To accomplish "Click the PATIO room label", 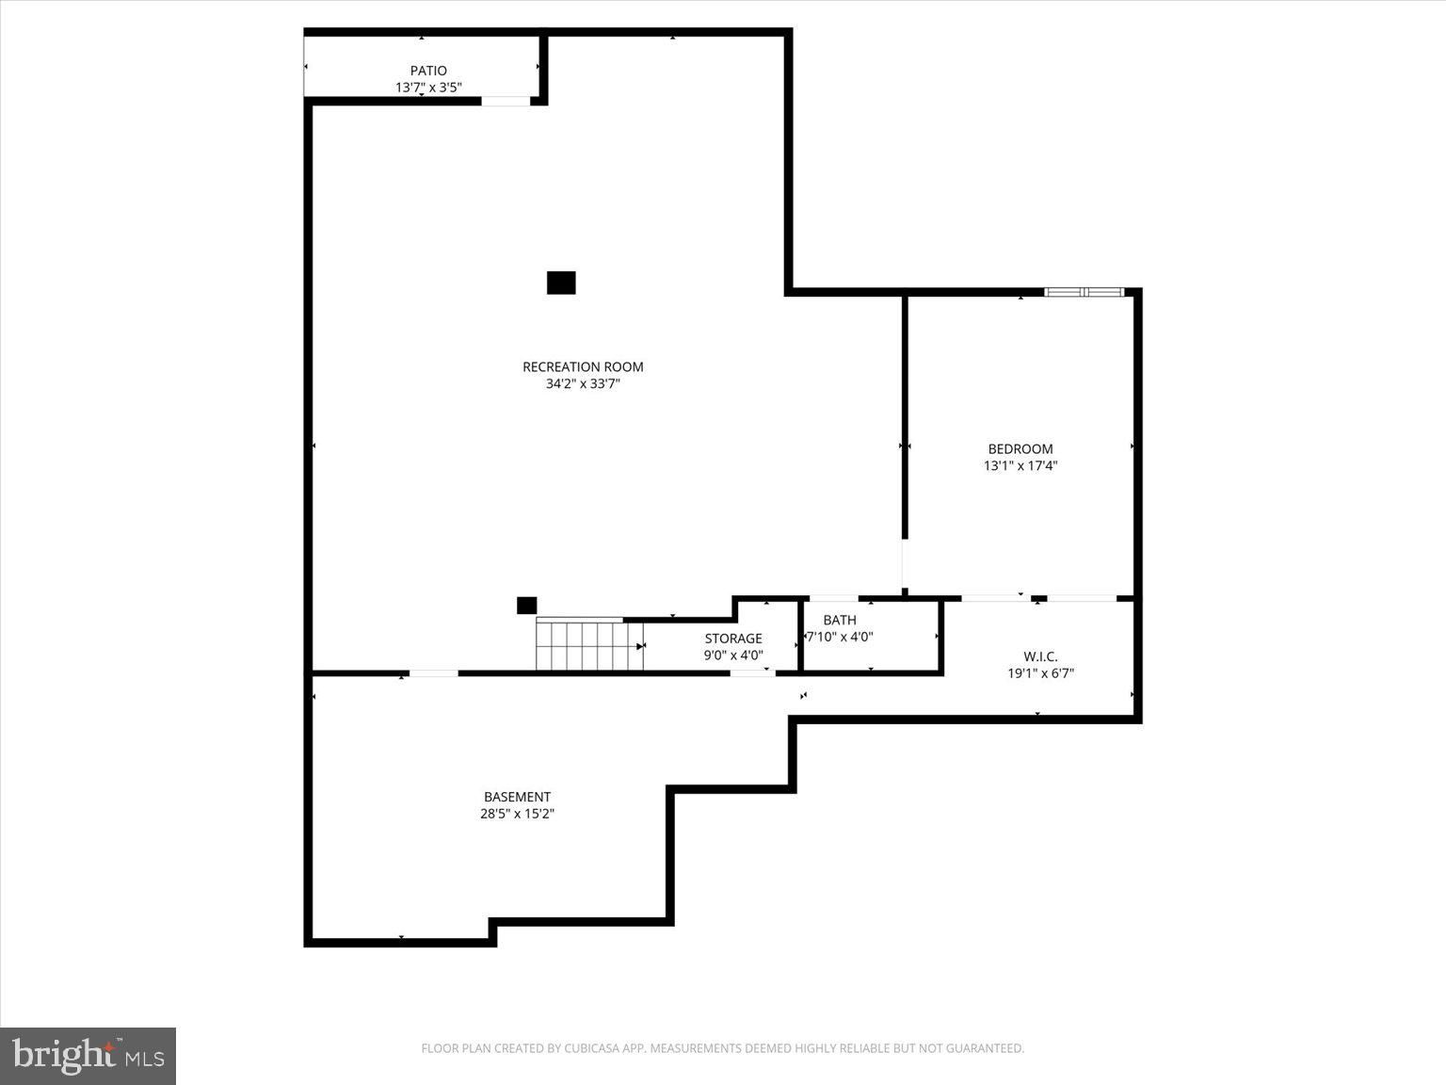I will coord(428,71).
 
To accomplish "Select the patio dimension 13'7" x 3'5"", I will coord(428,88).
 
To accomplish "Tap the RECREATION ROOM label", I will coord(583,367).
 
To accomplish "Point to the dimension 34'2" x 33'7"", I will coord(583,384).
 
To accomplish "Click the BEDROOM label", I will coord(1020,449).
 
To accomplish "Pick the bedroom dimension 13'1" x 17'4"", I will coord(1020,465).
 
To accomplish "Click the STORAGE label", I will coord(733,639).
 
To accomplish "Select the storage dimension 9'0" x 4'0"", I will coord(733,656).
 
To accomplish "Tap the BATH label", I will coord(840,620).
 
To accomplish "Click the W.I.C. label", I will coord(1040,656).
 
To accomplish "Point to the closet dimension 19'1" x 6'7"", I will coord(1040,673).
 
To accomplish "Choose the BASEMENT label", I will coord(517,797).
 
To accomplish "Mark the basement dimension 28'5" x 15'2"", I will coord(517,814).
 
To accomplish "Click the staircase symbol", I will coord(589,645).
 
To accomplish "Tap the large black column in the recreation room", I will coord(561,283).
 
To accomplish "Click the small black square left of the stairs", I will coord(526,606).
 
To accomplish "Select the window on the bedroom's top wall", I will coord(1084,292).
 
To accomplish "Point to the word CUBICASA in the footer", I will coord(589,1048).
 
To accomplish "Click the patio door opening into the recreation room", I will coord(506,101).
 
